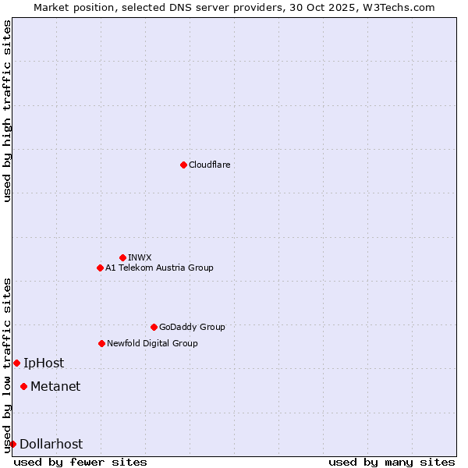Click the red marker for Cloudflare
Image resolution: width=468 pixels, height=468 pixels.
183,165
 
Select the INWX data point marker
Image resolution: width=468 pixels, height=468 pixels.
122,257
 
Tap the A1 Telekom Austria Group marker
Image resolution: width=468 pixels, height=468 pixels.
100,268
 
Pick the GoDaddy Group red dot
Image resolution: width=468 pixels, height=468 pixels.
154,327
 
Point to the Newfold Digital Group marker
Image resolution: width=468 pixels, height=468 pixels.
101,343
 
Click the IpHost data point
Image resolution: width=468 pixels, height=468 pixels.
16,363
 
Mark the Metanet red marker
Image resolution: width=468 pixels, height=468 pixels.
23,386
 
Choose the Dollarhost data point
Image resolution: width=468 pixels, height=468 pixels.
12,444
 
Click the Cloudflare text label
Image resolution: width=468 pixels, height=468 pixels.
209,165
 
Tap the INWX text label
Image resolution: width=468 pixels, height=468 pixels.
140,257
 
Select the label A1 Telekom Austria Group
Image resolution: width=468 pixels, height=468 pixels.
159,268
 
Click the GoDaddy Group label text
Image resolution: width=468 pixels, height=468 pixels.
192,327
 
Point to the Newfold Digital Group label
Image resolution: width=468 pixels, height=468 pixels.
152,343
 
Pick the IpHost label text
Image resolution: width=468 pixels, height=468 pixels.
44,363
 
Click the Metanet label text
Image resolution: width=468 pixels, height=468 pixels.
55,386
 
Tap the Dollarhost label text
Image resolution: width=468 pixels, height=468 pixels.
51,444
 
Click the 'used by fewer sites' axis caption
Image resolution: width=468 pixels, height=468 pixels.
80,462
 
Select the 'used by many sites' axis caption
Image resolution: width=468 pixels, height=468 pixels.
392,462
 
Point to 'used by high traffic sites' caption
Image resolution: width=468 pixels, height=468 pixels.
7,111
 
